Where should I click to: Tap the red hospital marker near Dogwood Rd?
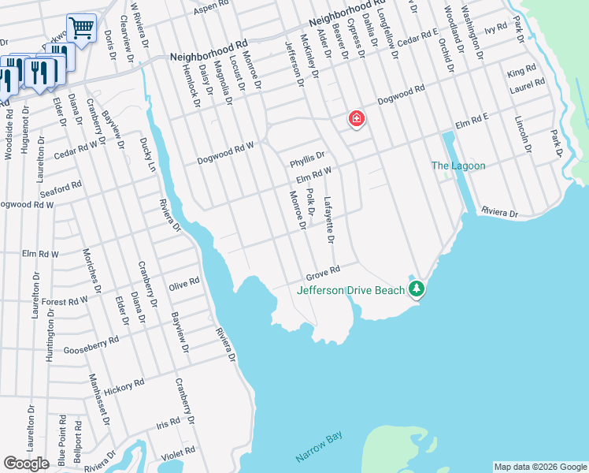click(x=356, y=119)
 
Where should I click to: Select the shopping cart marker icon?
click(x=81, y=28)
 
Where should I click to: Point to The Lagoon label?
click(x=457, y=166)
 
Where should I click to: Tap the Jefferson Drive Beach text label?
click(x=350, y=290)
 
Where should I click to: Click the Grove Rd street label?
click(x=322, y=274)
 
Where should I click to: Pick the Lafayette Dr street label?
click(x=329, y=219)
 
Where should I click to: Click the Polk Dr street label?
click(x=310, y=203)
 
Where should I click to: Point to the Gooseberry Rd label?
click(x=91, y=345)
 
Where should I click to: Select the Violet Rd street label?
click(x=179, y=453)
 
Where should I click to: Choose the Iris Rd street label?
click(x=169, y=423)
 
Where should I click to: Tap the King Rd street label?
click(x=521, y=72)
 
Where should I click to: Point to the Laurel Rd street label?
click(x=528, y=86)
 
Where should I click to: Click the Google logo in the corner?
click(x=26, y=464)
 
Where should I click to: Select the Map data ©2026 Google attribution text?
click(x=539, y=467)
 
